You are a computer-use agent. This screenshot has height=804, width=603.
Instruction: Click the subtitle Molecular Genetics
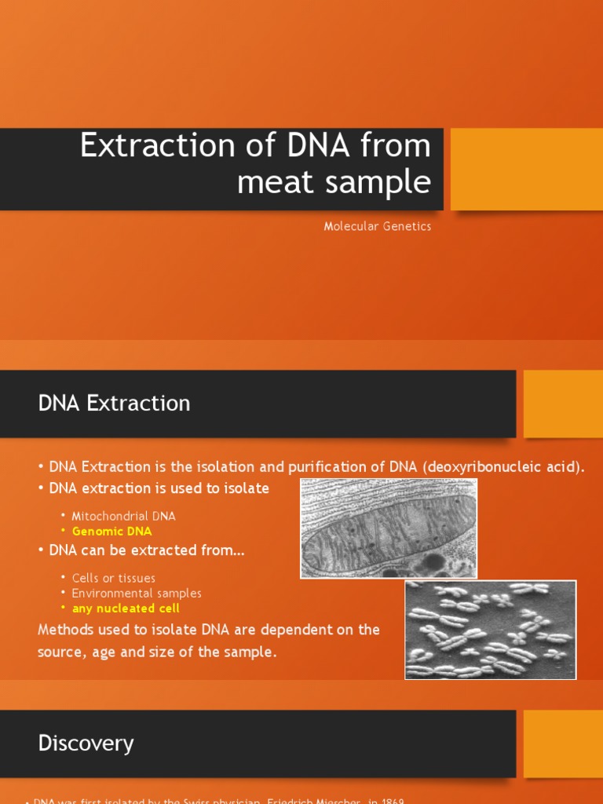378,226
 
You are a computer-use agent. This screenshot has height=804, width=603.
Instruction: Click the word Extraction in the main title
157,146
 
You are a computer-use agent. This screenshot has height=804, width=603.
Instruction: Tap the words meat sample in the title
334,182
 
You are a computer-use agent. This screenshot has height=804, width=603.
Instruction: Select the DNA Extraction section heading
114,404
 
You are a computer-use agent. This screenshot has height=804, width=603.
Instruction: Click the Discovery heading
86,744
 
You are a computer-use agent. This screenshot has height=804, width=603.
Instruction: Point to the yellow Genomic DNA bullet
111,532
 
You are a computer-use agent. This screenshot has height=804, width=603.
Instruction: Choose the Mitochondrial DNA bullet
123,516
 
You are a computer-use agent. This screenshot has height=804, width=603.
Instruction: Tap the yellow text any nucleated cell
126,608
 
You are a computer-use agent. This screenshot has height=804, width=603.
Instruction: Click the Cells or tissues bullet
113,579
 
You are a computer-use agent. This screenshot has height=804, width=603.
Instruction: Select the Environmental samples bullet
137,594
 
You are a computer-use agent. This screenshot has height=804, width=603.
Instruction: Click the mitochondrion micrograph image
389,528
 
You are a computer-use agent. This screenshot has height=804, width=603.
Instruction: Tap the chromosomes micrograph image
490,630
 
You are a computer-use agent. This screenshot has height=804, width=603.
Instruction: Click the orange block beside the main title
526,169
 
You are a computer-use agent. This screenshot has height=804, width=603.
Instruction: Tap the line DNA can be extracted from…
147,550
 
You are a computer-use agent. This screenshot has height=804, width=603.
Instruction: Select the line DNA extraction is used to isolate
159,488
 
